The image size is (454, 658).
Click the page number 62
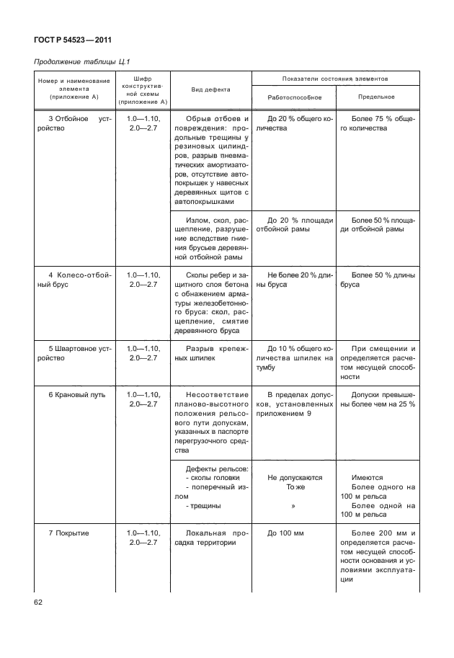39,602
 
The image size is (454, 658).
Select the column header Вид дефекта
210,89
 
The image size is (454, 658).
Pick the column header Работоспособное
294,97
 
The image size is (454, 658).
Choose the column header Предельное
376,97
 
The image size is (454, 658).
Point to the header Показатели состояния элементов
335,78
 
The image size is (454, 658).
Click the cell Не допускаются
295,477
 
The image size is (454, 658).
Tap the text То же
295,487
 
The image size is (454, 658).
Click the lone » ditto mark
294,506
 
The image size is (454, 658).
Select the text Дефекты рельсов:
217,468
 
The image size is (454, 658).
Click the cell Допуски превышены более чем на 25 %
376,400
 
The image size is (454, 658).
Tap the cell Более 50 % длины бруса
376,280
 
